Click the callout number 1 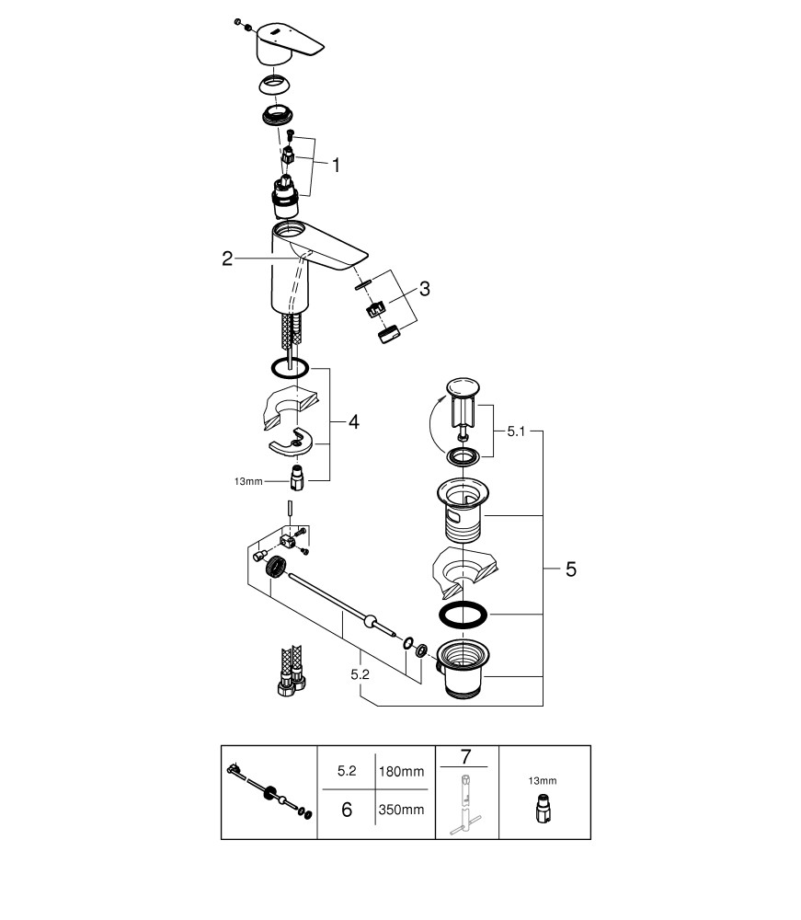pyautogui.click(x=336, y=166)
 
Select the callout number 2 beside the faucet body pyautogui.click(x=227, y=259)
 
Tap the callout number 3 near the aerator pyautogui.click(x=424, y=289)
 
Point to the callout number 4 pyautogui.click(x=353, y=422)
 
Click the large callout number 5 pyautogui.click(x=571, y=569)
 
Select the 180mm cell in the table pyautogui.click(x=400, y=772)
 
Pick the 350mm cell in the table pyautogui.click(x=400, y=811)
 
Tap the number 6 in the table pyautogui.click(x=346, y=811)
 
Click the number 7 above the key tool pyautogui.click(x=465, y=758)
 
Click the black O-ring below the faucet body pyautogui.click(x=289, y=368)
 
